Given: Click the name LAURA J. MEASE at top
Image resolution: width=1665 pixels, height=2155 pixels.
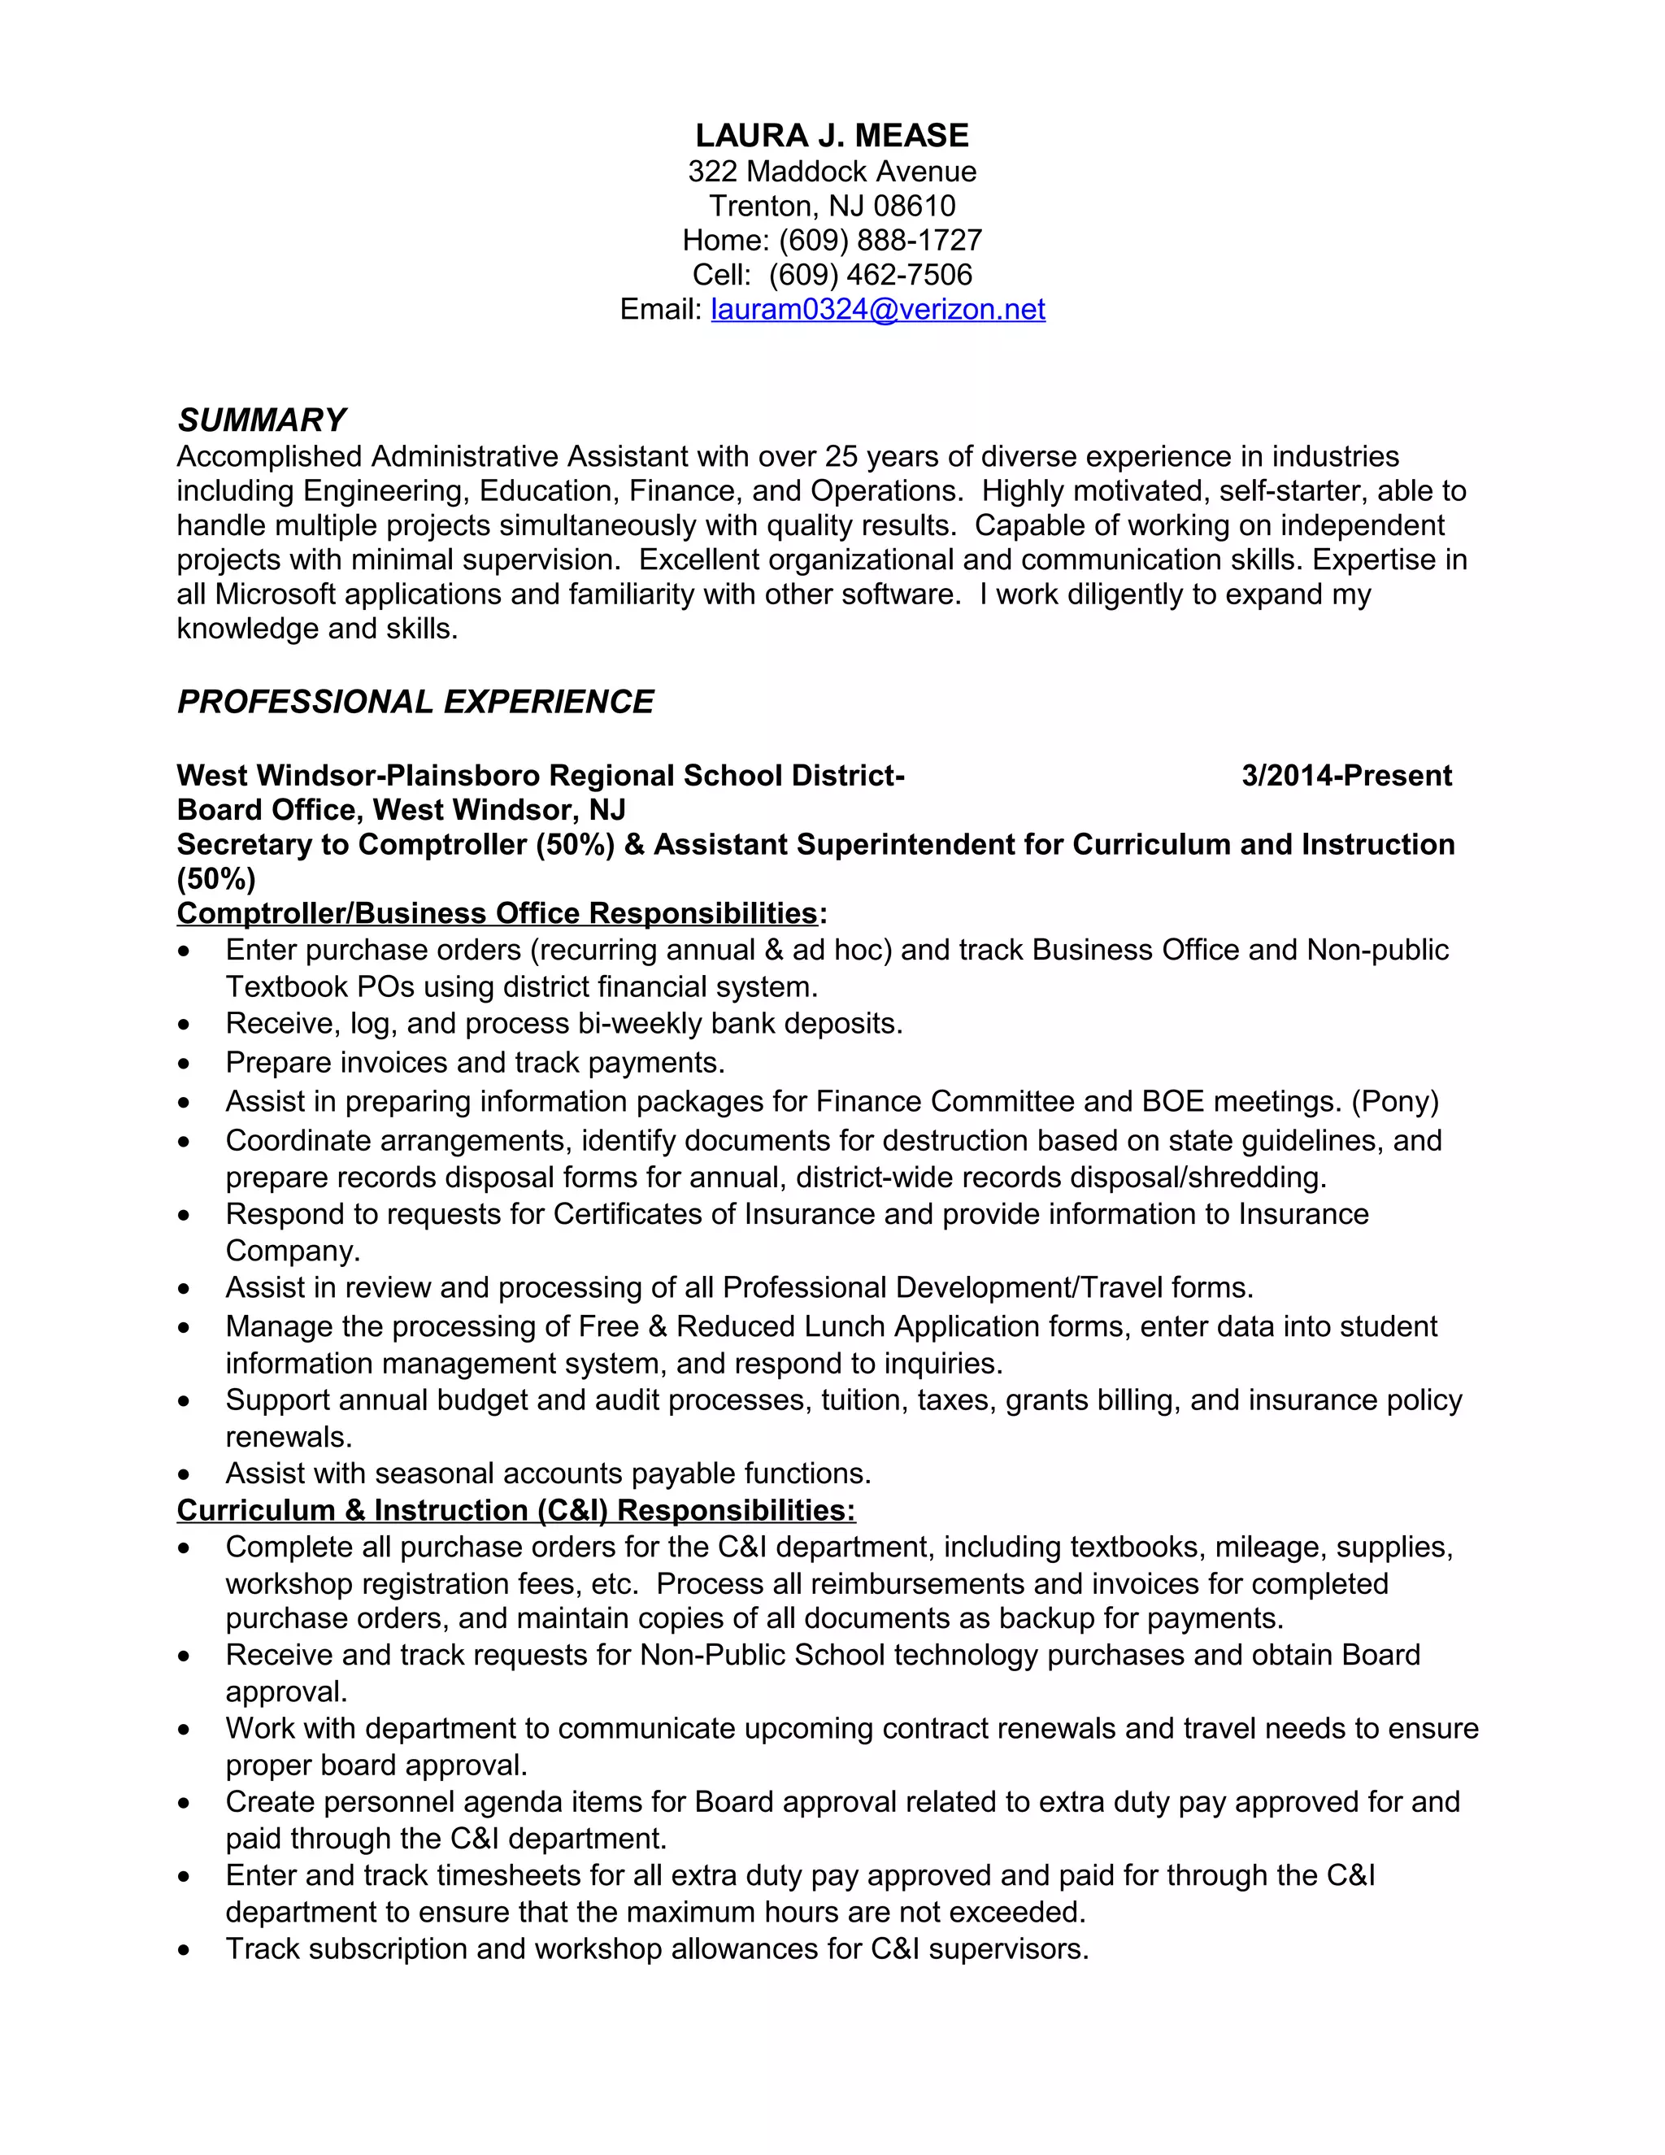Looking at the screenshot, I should click(832, 135).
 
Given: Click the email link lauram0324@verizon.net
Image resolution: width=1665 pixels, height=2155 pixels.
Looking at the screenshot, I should click(877, 310).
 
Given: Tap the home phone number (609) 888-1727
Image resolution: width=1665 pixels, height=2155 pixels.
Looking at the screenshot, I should click(880, 241).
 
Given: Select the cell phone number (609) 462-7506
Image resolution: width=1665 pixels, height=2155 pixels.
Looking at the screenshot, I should click(870, 276).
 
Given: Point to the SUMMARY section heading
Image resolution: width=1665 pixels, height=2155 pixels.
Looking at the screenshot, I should click(262, 420).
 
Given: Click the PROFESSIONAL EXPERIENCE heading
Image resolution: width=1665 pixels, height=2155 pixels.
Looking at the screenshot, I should click(415, 702).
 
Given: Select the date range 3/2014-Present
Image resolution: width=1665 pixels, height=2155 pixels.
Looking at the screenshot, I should click(1345, 776).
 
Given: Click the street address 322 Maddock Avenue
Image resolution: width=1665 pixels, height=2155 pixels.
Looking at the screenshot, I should click(832, 172).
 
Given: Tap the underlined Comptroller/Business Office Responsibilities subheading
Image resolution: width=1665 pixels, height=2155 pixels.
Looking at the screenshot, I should click(497, 914).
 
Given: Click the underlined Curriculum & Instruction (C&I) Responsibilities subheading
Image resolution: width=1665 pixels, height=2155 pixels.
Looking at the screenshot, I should click(516, 1511).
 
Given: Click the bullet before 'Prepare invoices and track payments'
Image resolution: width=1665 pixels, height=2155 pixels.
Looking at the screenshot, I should click(184, 1064).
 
